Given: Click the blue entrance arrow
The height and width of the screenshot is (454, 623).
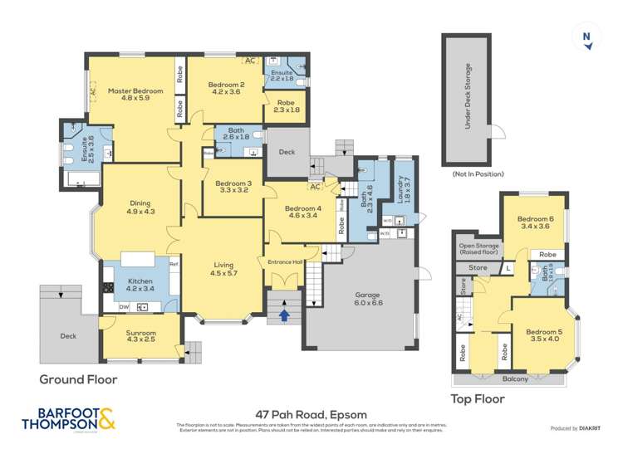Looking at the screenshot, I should point(285,315).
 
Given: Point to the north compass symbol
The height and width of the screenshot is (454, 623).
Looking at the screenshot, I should point(587,37).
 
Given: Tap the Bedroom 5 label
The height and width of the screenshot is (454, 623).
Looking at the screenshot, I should point(545,335).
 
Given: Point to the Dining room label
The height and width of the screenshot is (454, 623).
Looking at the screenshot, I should point(139,207).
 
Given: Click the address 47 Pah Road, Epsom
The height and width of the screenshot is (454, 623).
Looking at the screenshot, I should point(311,414).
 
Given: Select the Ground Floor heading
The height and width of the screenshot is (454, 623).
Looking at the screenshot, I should point(78,379).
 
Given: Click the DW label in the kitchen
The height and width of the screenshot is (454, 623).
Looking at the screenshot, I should point(123,307).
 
